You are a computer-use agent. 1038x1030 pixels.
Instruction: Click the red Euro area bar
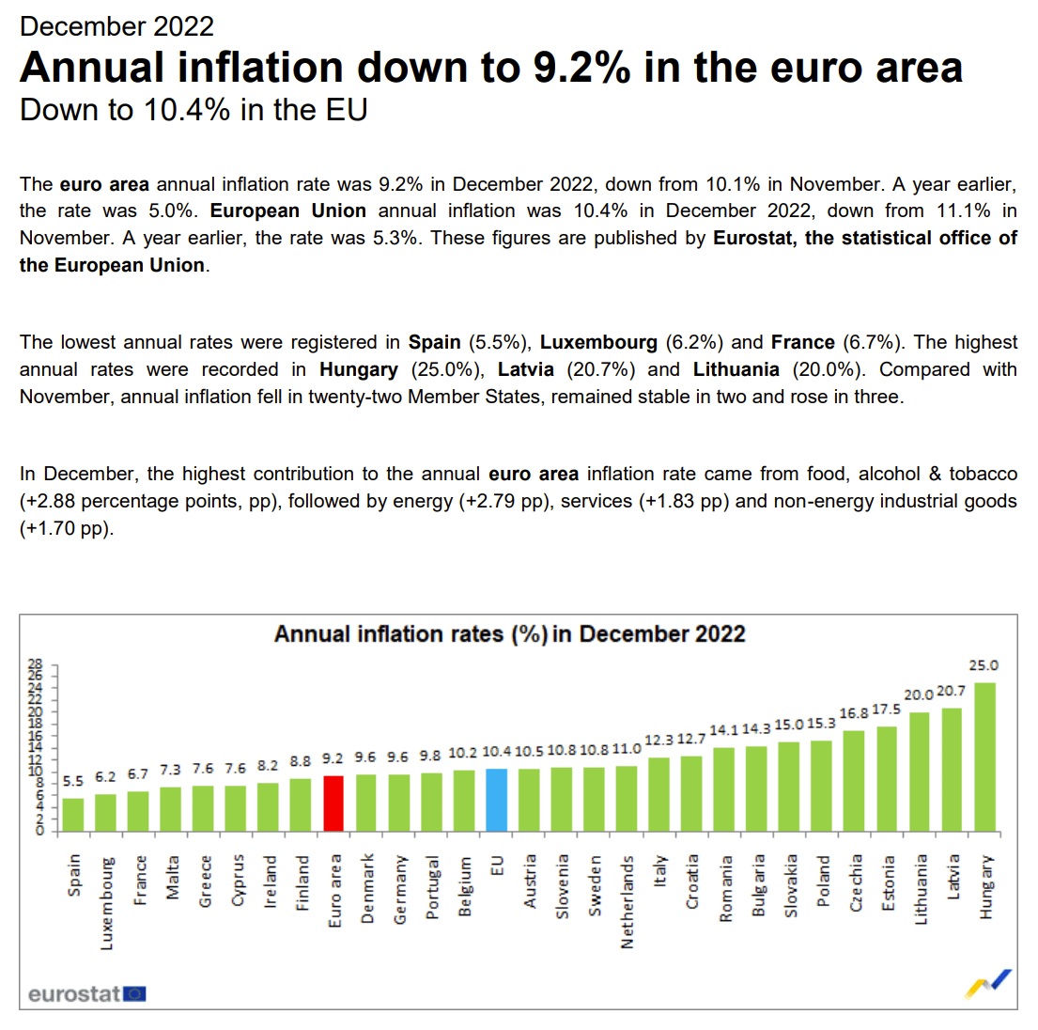[x=333, y=804]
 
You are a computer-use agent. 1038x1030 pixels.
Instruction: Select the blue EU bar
[x=496, y=800]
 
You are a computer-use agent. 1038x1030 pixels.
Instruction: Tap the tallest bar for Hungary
[x=984, y=757]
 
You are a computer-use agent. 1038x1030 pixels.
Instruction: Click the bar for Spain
[x=73, y=815]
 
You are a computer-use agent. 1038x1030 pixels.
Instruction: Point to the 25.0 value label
[x=984, y=665]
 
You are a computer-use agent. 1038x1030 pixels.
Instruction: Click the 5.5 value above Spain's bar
[x=73, y=781]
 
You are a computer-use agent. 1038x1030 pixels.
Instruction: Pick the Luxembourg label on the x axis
[x=107, y=902]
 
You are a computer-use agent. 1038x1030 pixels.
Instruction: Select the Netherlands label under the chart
[x=627, y=901]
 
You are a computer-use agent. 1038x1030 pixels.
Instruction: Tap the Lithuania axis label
[x=921, y=889]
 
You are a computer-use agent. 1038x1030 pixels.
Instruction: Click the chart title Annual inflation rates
[x=509, y=634]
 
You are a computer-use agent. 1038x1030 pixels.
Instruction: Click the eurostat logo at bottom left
[x=86, y=993]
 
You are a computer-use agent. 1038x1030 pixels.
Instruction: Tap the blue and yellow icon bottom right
[x=989, y=983]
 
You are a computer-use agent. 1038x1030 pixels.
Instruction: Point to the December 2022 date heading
[x=116, y=26]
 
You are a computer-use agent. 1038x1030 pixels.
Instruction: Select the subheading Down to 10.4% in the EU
[x=194, y=110]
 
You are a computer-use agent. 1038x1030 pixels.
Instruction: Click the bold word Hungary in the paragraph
[x=359, y=369]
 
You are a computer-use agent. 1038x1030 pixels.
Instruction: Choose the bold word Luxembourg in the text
[x=598, y=342]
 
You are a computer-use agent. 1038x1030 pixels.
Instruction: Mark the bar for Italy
[x=658, y=794]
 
